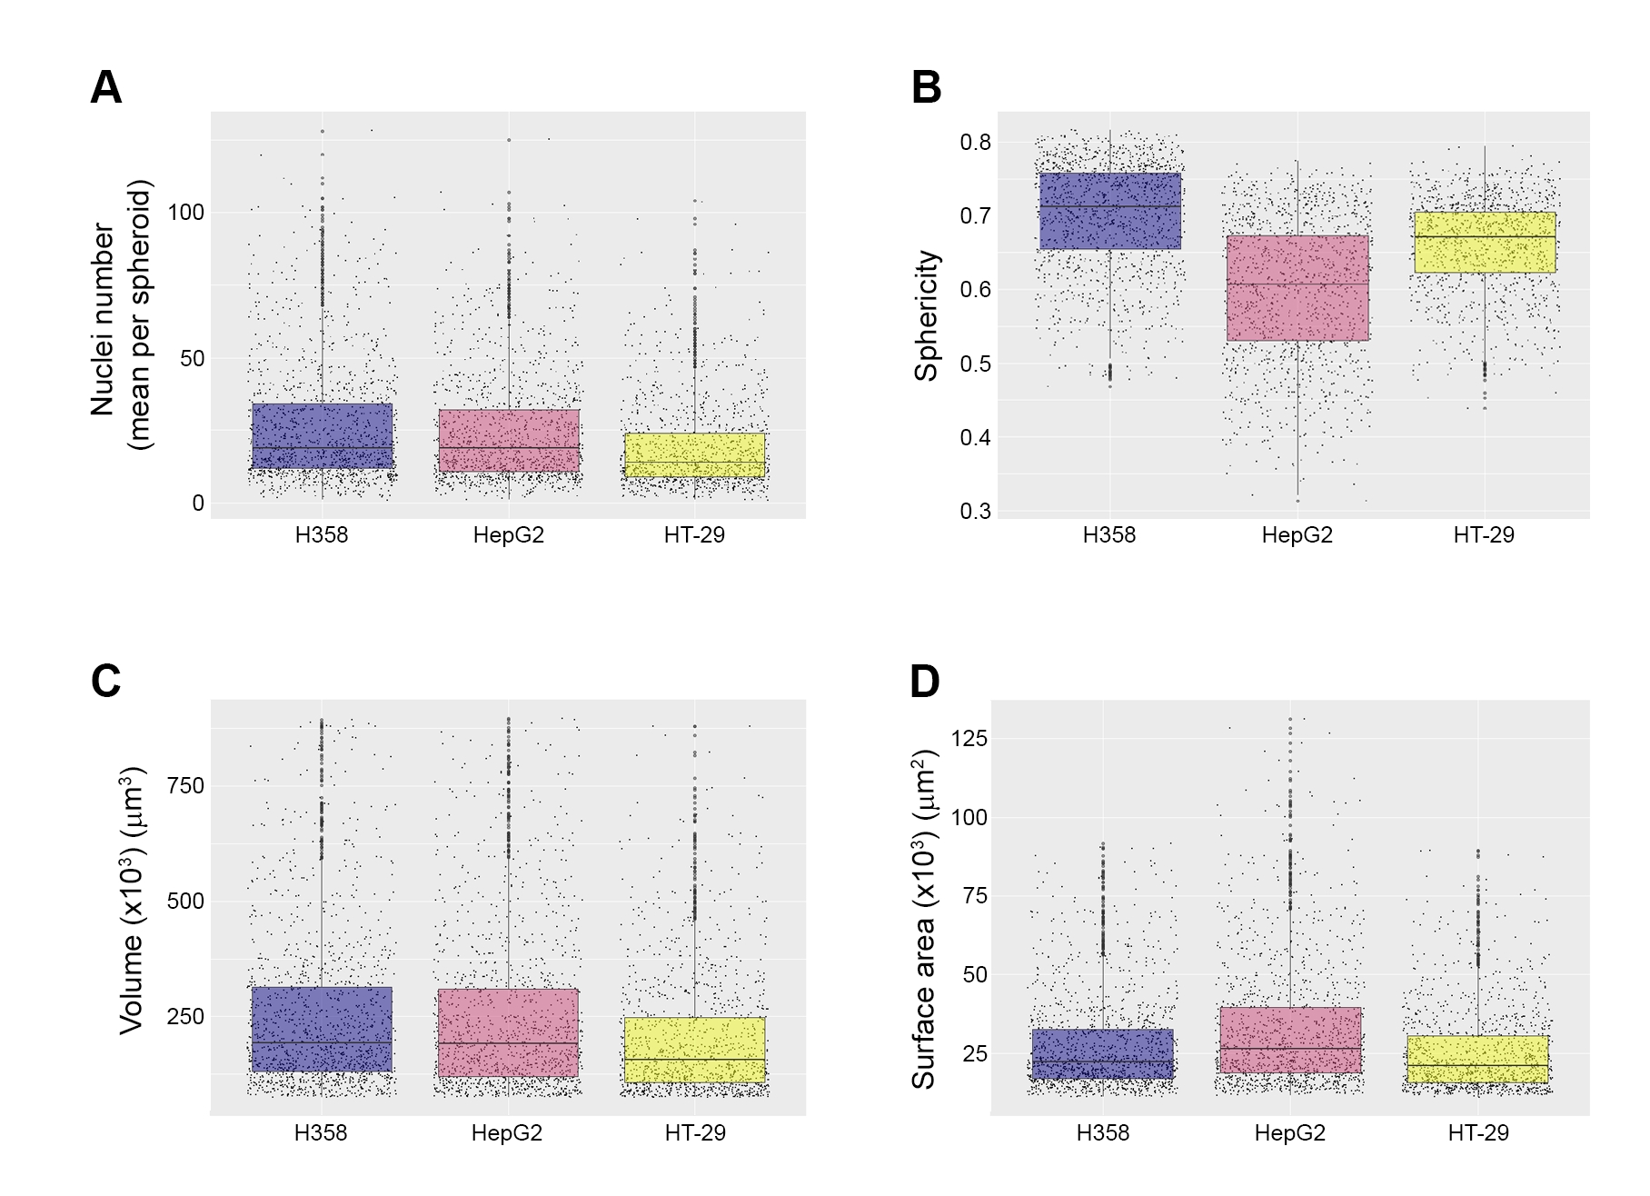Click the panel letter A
[x=106, y=88]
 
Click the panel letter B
[x=926, y=88]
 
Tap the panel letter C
[x=106, y=682]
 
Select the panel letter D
[x=925, y=682]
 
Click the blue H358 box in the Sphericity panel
[x=1109, y=211]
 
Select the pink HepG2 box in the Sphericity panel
[x=1297, y=288]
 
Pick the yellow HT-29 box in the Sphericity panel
[x=1485, y=243]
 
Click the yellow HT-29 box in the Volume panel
[x=695, y=1050]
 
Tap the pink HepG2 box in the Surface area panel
[x=1290, y=1040]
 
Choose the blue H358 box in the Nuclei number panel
[x=322, y=436]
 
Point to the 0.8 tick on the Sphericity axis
[x=975, y=143]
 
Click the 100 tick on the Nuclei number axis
[x=185, y=213]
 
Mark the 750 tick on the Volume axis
[x=185, y=786]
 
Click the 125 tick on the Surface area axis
[x=969, y=739]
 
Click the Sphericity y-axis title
[x=926, y=315]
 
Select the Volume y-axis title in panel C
[x=133, y=900]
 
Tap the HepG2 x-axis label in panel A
[x=509, y=535]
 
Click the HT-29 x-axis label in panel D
[x=1478, y=1133]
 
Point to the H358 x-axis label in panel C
[x=321, y=1133]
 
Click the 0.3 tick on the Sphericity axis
[x=975, y=512]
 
